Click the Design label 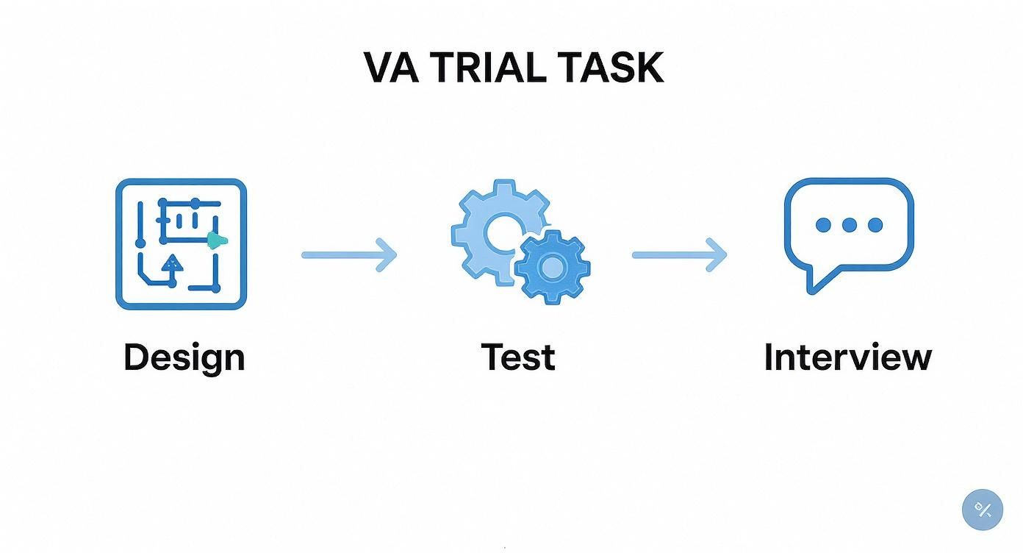pyautogui.click(x=184, y=357)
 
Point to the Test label pyautogui.click(x=518, y=357)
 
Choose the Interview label pyautogui.click(x=847, y=357)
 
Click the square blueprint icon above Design pyautogui.click(x=181, y=244)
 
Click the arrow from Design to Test pyautogui.click(x=349, y=255)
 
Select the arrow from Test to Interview pyautogui.click(x=679, y=255)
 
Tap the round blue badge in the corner pyautogui.click(x=982, y=510)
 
